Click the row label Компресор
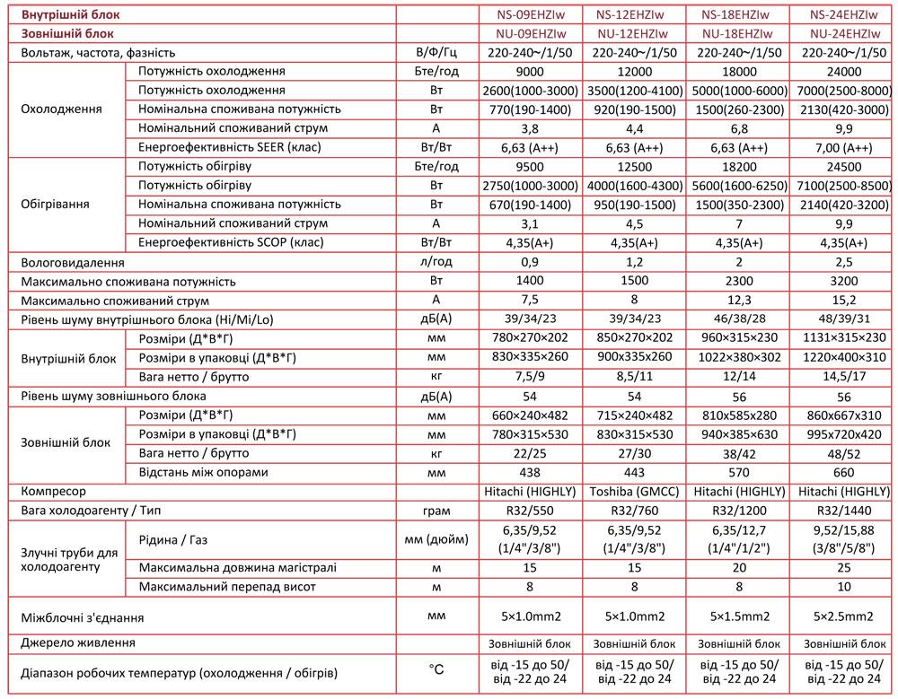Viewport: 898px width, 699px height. [55, 492]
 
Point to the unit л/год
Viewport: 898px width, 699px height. [436, 263]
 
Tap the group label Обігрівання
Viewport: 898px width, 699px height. [55, 205]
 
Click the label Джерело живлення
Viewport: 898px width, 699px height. [78, 642]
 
